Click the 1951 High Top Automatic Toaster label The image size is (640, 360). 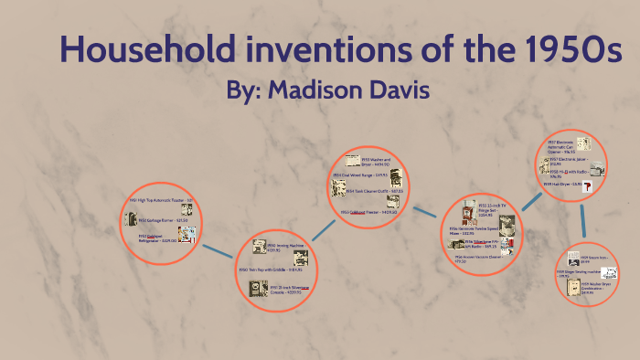pyautogui.click(x=160, y=200)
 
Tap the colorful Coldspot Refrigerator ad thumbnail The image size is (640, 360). pyautogui.click(x=187, y=235)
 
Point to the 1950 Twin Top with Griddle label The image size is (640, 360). pyautogui.click(x=270, y=270)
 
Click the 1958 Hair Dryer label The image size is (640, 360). pyautogui.click(x=560, y=184)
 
